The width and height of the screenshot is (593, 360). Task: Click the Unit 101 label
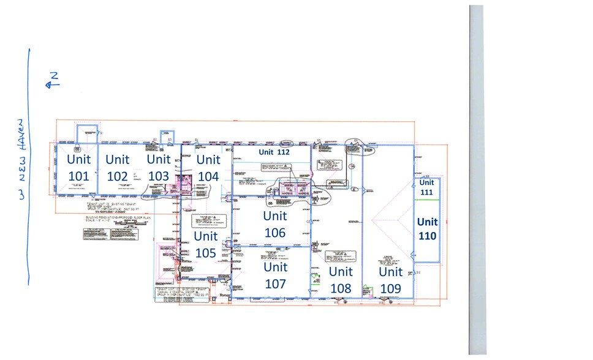click(79, 167)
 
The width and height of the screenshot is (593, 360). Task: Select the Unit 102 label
click(118, 167)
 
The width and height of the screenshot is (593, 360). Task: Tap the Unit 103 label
click(159, 167)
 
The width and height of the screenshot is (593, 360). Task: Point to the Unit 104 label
click(208, 167)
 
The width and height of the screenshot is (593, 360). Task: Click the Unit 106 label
click(275, 224)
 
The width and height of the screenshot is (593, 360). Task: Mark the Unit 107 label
click(276, 275)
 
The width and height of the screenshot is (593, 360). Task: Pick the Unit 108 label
click(341, 279)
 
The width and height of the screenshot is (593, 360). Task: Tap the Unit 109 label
click(390, 279)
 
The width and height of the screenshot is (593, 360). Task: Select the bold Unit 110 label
click(427, 228)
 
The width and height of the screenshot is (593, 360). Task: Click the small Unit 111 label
click(426, 187)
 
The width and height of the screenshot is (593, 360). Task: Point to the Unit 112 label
click(273, 152)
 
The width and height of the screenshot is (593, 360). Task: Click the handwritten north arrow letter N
click(54, 77)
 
